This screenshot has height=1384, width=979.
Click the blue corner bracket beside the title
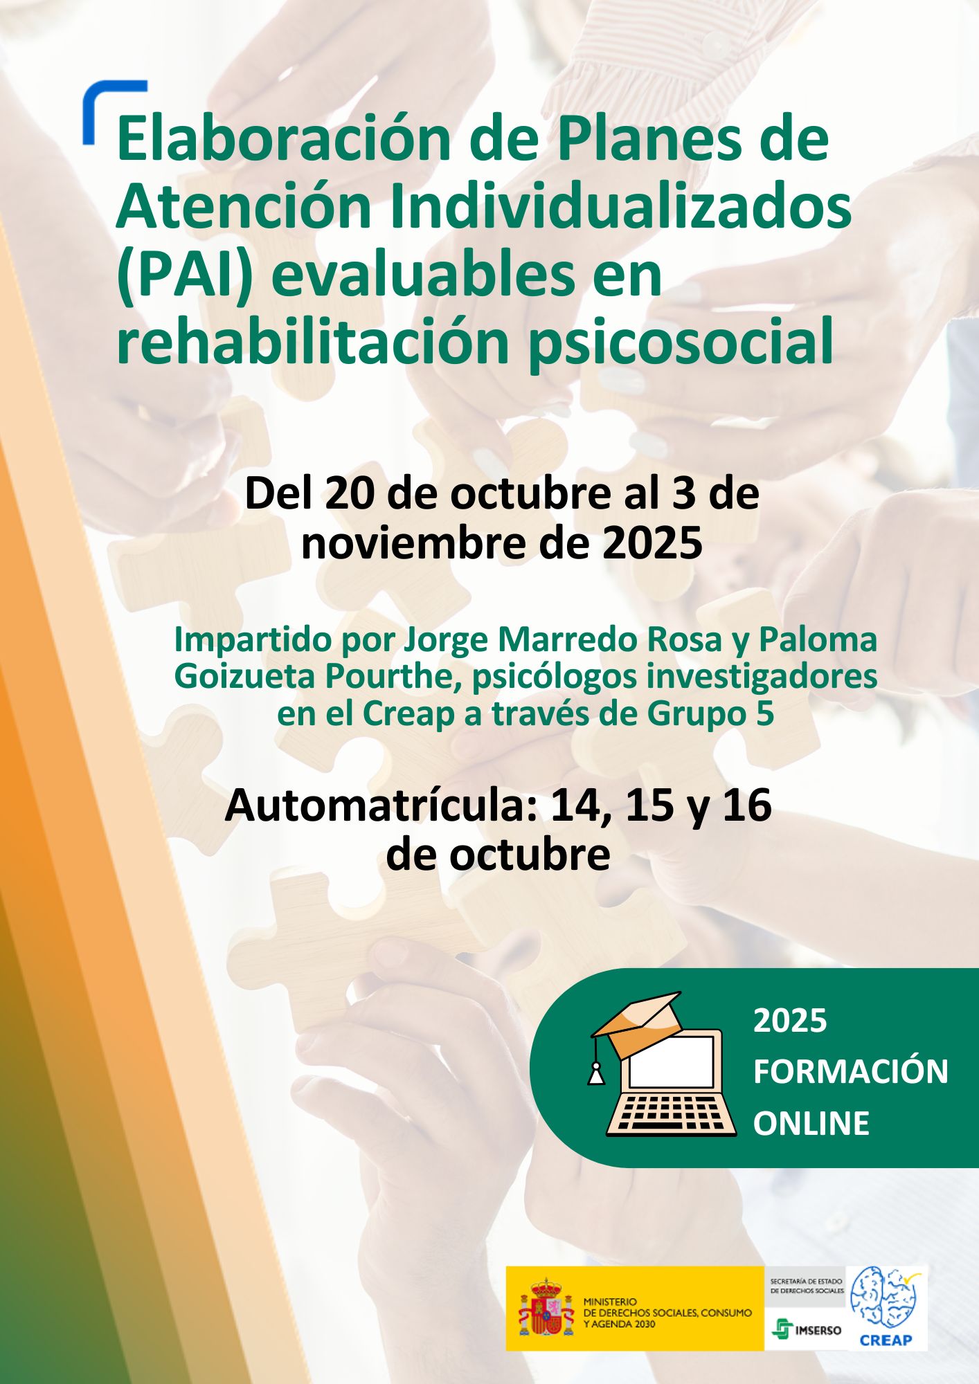point(104,104)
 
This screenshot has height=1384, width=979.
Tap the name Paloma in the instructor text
point(818,639)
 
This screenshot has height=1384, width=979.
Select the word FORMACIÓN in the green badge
point(850,1072)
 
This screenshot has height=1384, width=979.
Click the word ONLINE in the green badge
point(811,1123)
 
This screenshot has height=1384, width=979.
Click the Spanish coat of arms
point(546,1307)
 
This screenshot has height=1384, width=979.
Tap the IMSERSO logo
point(807,1329)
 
